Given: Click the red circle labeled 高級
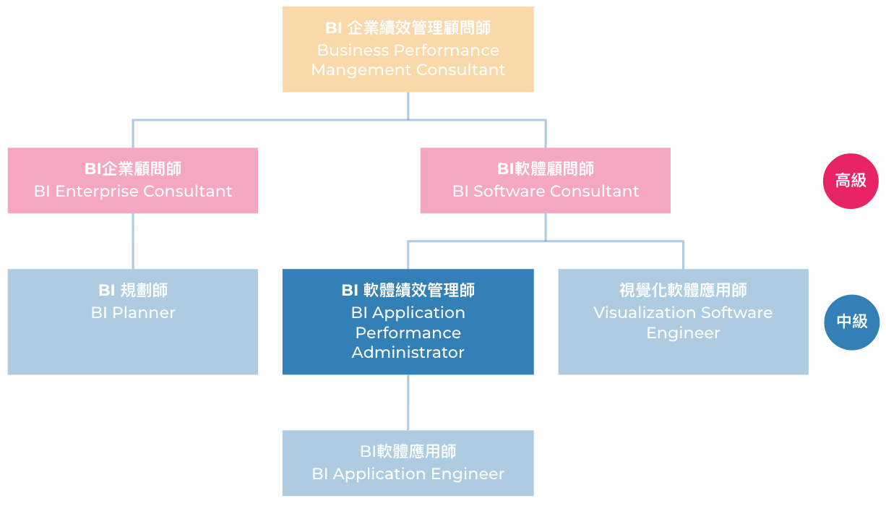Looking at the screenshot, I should coord(851,181).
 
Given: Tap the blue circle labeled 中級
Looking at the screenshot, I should coord(851,322).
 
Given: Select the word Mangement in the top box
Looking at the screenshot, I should coord(350,70).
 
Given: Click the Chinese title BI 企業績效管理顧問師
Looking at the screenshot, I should coord(408,28).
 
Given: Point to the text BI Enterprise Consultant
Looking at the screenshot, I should coord(133,192).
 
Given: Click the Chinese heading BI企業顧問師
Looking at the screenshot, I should coord(133,169).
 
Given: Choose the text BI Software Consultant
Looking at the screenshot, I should coord(546,192).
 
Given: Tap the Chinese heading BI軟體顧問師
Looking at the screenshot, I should coord(546,169).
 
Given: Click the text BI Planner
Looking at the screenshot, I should coord(133,313).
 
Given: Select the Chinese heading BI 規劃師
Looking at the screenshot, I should coord(133,291).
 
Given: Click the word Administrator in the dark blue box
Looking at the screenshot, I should coord(408,353).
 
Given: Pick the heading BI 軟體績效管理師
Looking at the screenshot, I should coord(408,291).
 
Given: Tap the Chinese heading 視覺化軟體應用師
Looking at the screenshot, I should coord(683,291).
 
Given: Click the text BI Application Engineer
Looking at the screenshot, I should coord(408,474).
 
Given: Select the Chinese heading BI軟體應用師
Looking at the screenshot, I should coord(408,452).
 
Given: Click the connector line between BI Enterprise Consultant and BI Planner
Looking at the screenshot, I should coord(133,241).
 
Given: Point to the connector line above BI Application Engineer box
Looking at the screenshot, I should coord(408,402).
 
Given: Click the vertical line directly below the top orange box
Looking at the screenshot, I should coord(408,105).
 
